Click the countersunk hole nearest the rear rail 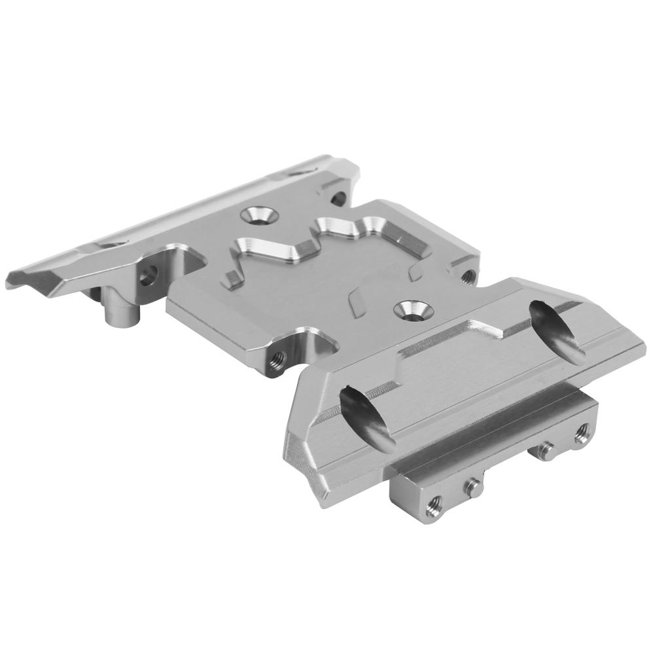259,216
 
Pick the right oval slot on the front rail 558,330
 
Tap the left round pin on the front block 472,484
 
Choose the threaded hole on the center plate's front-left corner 277,359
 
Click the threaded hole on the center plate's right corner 467,275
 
